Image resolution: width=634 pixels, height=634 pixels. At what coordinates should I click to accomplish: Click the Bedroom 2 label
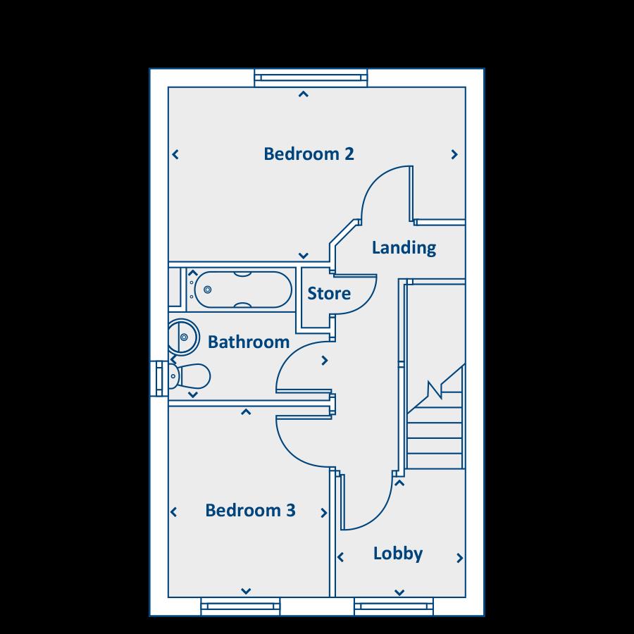(309, 154)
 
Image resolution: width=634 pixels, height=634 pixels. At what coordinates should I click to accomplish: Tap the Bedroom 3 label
(250, 510)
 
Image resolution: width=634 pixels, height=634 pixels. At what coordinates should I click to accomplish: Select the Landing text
(404, 248)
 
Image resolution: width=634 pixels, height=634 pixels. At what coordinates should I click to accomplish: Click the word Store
(329, 293)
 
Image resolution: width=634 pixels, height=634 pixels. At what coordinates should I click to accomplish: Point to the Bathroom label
(249, 342)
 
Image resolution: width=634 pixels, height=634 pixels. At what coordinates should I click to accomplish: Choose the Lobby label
(398, 554)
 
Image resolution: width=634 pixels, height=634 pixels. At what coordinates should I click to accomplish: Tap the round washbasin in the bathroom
(185, 337)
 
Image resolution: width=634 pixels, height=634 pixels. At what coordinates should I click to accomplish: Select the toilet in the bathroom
(188, 375)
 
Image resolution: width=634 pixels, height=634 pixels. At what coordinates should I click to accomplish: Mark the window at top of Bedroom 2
(310, 77)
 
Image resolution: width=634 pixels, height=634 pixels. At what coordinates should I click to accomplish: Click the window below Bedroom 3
(240, 606)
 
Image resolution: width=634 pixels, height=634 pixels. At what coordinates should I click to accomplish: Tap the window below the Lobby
(393, 606)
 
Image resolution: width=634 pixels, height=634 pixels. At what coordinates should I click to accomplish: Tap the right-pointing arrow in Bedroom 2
(455, 154)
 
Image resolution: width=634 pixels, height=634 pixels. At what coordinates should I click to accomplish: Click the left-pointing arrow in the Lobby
(341, 558)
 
